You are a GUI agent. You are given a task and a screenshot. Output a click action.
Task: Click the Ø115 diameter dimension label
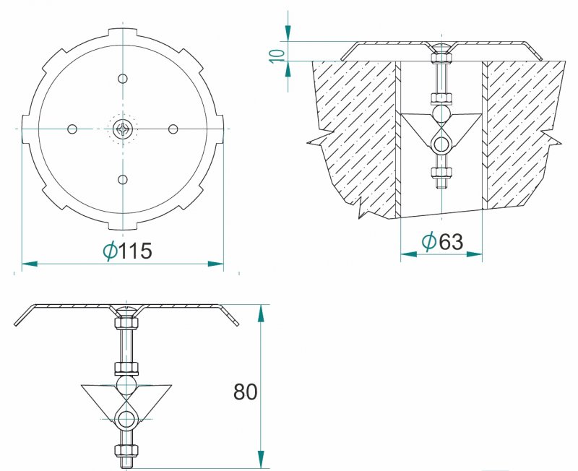point(127,251)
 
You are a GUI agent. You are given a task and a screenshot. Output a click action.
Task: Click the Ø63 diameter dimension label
point(442,242)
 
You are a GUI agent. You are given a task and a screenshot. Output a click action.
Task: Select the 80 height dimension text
point(245,392)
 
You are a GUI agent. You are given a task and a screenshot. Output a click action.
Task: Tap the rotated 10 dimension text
point(277,56)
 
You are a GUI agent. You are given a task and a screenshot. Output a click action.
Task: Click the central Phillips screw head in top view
point(122,129)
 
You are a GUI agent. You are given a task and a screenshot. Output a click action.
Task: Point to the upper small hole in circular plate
point(122,79)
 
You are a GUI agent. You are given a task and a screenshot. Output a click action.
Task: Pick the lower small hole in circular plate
point(122,179)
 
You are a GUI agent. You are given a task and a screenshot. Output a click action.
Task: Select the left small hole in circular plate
point(72,129)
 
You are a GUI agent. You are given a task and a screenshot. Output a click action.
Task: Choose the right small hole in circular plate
point(173,129)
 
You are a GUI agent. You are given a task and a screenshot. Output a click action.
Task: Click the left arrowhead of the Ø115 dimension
point(30,264)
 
